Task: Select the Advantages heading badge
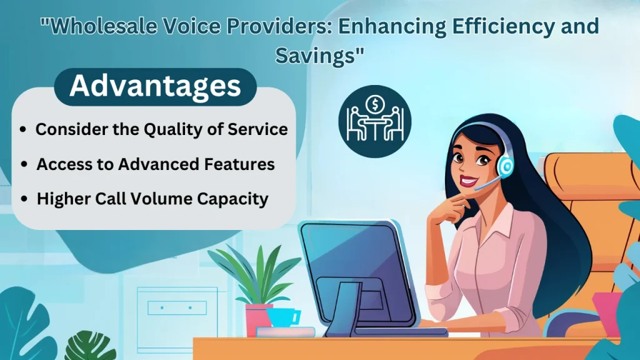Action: (155, 86)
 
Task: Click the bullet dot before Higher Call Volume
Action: (24, 200)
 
